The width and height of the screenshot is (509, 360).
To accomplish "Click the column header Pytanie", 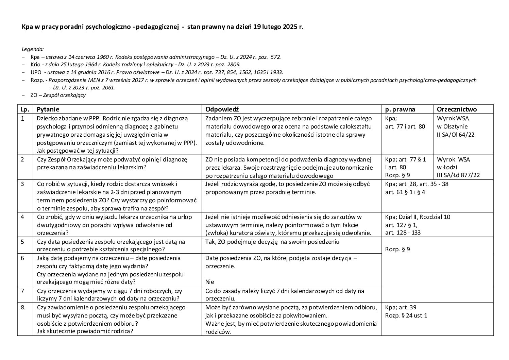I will click(48, 109).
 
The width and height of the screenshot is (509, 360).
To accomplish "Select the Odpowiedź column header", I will click(222, 109).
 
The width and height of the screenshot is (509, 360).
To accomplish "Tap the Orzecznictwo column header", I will click(457, 109).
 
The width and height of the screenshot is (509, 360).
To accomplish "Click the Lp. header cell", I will click(25, 109).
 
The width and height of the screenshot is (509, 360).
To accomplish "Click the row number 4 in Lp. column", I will click(22, 217).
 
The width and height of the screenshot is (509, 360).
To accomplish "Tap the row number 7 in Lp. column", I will click(22, 291).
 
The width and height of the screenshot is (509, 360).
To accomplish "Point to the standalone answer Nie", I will click(209, 282).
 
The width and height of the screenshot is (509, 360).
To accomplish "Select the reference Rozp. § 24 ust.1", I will click(406, 315).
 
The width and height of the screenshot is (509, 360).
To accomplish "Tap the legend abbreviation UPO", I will click(36, 72).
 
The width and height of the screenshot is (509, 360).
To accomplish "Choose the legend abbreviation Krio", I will click(35, 65).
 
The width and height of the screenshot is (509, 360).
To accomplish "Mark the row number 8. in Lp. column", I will click(23, 307).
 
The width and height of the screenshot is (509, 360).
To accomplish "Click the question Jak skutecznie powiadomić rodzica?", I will click(85, 331).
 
